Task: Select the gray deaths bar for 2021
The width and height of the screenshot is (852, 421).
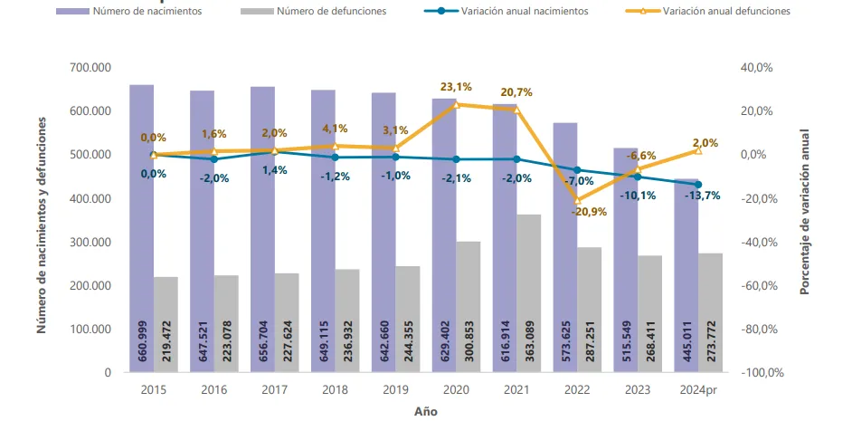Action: coord(529,290)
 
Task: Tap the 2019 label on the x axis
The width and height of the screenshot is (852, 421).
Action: coord(395,390)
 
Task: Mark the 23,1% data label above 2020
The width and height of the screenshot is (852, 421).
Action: coord(456,87)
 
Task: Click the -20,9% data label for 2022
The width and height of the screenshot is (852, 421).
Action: coord(589,212)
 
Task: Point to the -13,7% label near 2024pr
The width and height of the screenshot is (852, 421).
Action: coord(703,196)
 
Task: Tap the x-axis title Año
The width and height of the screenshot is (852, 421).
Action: coord(425,410)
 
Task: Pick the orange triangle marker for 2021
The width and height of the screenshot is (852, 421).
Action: coord(516,110)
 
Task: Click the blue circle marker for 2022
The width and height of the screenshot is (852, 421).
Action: coord(577,170)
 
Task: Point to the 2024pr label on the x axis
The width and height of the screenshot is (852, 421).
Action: coord(698,390)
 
